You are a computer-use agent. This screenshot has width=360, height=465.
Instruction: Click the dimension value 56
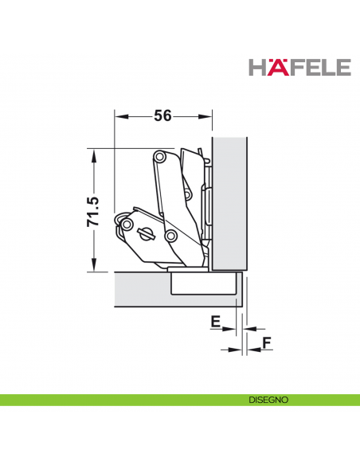[162, 116]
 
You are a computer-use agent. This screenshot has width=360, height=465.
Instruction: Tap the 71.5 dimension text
[92, 209]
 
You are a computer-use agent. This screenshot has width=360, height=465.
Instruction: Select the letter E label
[214, 322]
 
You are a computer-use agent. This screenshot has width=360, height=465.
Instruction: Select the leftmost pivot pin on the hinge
[126, 225]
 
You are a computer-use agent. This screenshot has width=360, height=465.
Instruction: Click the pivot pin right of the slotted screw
[170, 236]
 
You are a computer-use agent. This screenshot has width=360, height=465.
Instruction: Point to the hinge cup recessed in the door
[204, 284]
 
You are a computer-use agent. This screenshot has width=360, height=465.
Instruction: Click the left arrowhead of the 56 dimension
[119, 116]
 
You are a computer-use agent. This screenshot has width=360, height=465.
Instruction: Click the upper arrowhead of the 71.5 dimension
[93, 154]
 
